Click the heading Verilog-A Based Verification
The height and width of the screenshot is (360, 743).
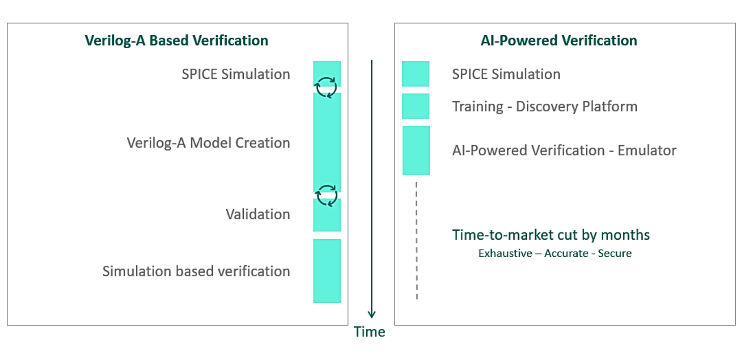176,40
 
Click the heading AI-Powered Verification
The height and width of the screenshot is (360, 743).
559,40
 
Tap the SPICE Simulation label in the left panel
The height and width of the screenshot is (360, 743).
236,74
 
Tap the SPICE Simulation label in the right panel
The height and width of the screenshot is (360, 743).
506,74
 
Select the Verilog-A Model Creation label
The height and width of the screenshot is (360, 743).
208,143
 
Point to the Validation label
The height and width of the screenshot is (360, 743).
257,214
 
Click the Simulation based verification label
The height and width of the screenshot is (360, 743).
196,271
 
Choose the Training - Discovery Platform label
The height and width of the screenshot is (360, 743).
545,107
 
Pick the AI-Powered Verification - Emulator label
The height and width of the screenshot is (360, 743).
564,150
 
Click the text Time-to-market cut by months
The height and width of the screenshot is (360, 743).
551,235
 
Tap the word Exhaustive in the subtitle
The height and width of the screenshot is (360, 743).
505,253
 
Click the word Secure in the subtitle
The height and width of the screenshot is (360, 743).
614,253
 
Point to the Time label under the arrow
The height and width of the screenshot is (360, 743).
369,332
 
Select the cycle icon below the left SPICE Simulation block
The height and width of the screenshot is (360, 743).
326,87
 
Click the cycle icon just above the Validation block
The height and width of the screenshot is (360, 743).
326,195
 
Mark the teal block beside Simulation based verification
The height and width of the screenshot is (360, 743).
327,271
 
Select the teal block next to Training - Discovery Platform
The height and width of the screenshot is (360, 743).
415,106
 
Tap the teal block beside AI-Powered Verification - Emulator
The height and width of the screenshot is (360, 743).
416,150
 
